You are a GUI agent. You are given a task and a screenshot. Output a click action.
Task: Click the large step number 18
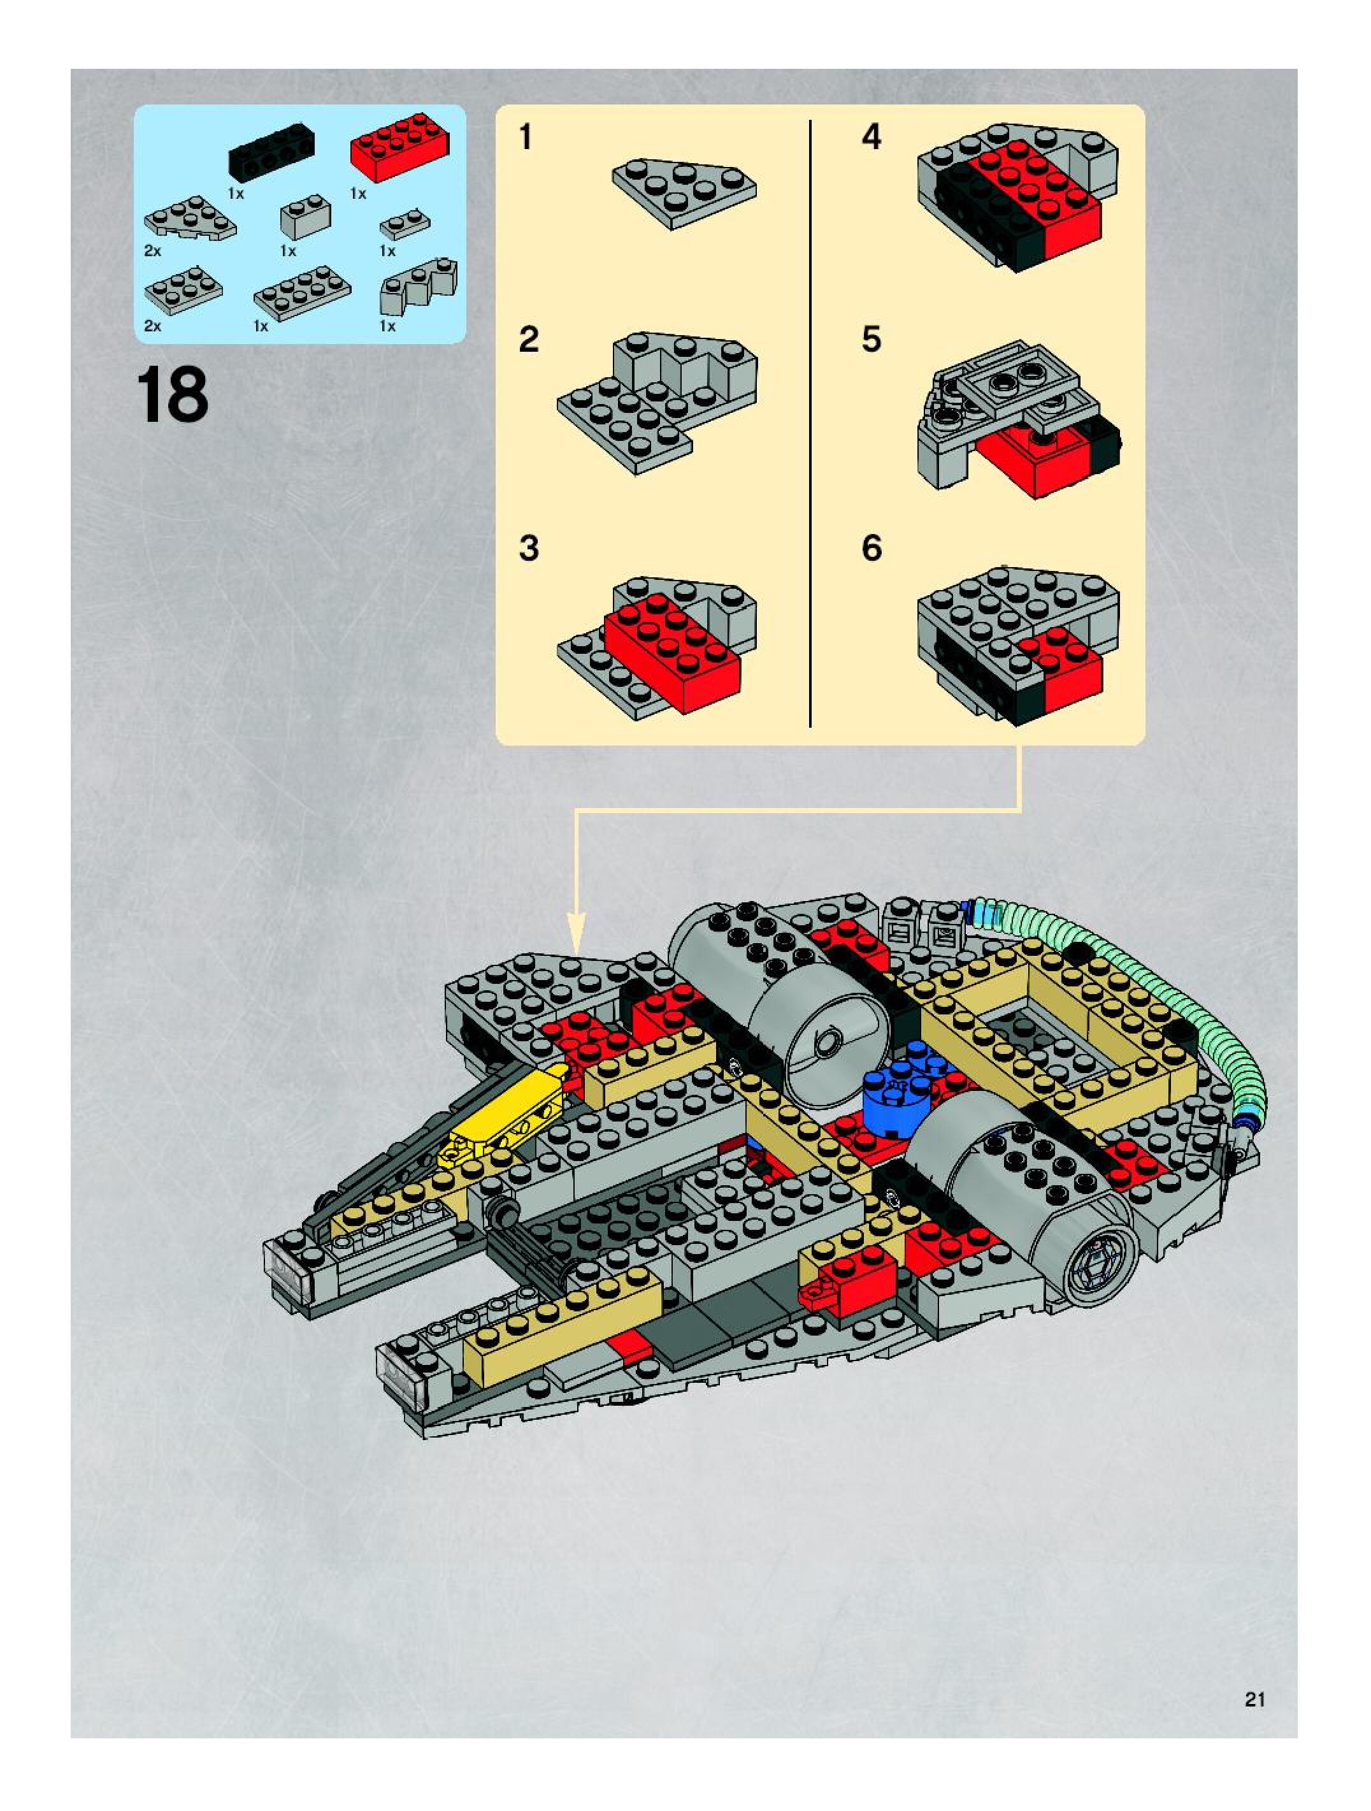click(173, 397)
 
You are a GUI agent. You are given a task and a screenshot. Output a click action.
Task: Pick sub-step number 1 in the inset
click(526, 138)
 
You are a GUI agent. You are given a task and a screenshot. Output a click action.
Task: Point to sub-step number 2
click(529, 339)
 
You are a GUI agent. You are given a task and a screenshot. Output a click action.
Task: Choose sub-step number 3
click(529, 549)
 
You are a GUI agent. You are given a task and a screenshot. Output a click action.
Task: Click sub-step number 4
click(871, 138)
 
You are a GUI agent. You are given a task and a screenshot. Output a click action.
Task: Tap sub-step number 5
click(871, 339)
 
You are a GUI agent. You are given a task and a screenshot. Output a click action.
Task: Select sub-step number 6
click(871, 549)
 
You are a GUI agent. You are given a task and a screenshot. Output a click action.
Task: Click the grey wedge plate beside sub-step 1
click(684, 193)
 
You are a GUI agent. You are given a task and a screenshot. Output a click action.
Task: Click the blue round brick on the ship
click(899, 1095)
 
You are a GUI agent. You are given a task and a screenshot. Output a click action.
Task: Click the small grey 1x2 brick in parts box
click(305, 217)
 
